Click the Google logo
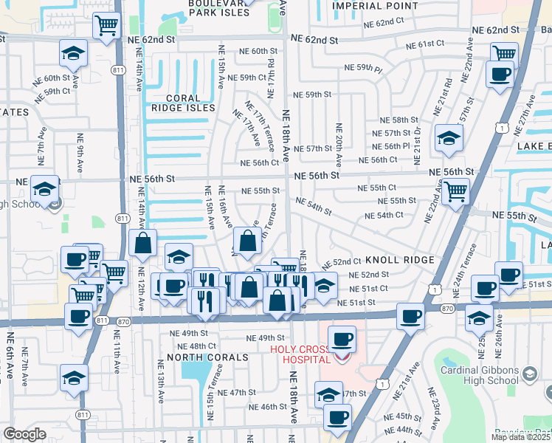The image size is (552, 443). (x=24, y=434)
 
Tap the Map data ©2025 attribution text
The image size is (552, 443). (x=521, y=436)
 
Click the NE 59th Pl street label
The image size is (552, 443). (x=364, y=69)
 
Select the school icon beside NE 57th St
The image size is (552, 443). (x=449, y=138)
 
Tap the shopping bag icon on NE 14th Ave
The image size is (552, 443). (x=142, y=241)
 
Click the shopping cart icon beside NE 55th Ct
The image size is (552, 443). (x=456, y=191)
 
